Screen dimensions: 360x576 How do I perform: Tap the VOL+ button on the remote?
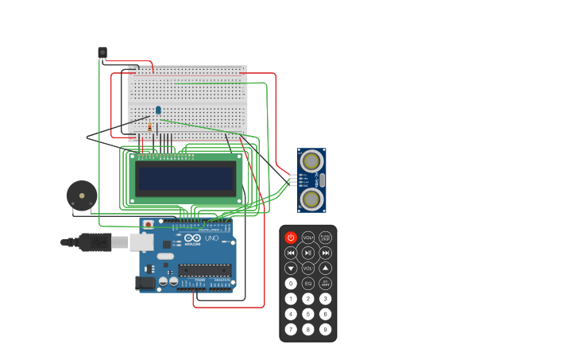(x=308, y=238)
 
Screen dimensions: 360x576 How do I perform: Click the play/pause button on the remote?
(x=308, y=253)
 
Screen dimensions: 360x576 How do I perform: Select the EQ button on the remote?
(x=308, y=284)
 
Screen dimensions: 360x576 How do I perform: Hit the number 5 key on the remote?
(x=308, y=314)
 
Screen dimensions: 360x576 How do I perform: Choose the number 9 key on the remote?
(x=326, y=329)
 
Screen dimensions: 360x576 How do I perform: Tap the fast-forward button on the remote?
(x=326, y=253)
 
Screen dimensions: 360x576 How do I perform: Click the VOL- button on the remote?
(x=308, y=269)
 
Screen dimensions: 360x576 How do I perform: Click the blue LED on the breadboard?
(x=158, y=110)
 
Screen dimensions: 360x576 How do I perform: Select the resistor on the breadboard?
(x=149, y=126)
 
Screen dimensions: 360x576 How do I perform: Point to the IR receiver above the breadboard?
(x=102, y=52)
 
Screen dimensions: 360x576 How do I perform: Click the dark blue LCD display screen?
(x=187, y=179)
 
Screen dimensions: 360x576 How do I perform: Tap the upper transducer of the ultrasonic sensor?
(x=312, y=161)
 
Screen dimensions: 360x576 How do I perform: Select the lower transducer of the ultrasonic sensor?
(x=312, y=199)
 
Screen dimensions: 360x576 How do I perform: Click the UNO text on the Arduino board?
(x=211, y=238)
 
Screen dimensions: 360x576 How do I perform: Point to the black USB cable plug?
(x=95, y=242)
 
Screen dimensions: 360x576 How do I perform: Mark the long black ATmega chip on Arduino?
(x=205, y=270)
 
